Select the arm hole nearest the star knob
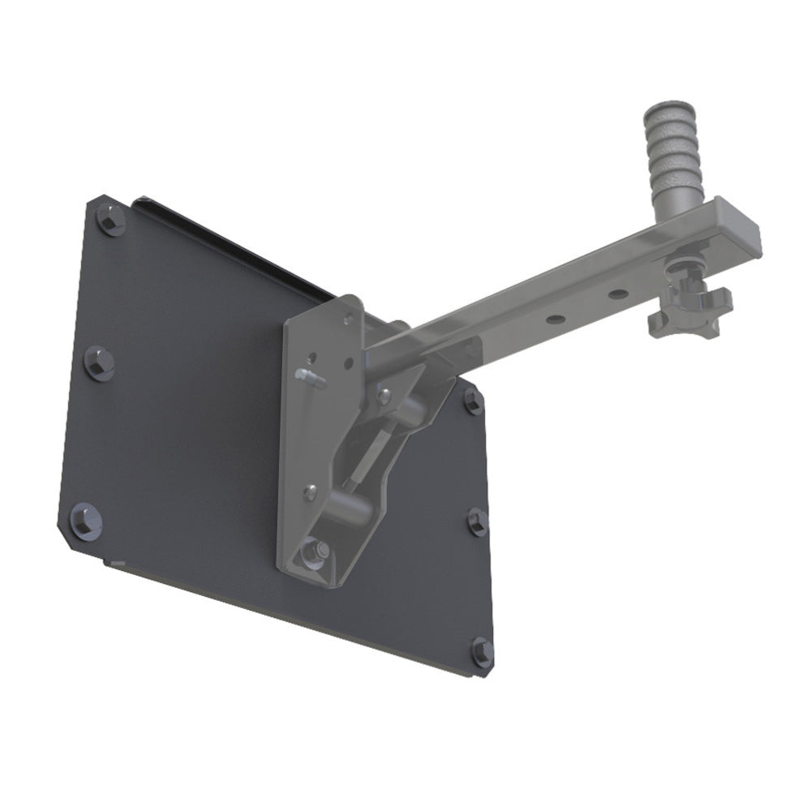point(618,294)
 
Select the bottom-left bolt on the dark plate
point(84,519)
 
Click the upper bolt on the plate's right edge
point(472,400)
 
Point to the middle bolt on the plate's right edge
point(478,521)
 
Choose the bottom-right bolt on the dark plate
point(482,651)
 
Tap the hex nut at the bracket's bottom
point(314,554)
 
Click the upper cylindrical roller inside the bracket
point(412,409)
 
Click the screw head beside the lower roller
point(310,490)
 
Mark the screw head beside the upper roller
point(384,395)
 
